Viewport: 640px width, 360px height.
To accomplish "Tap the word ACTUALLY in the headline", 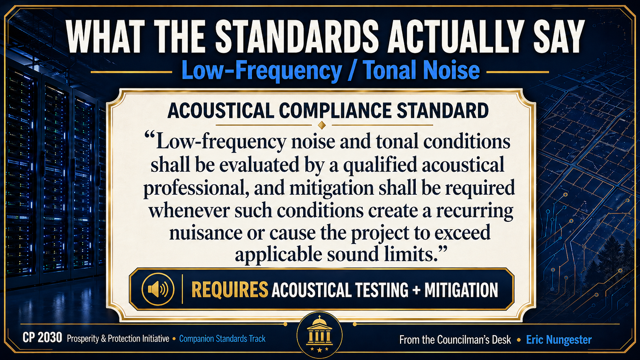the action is click(x=456, y=37).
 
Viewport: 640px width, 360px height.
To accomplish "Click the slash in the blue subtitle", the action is click(x=352, y=71).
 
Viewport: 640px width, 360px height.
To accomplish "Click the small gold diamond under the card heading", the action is click(x=322, y=125).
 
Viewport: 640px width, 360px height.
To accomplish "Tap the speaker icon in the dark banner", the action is click(x=158, y=289).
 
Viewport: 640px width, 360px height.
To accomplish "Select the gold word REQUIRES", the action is click(x=230, y=290).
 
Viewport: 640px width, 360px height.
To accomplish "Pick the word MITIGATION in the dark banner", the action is click(x=461, y=290).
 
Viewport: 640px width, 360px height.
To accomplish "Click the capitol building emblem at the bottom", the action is click(x=320, y=334).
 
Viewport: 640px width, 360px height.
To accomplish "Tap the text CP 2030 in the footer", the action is click(x=42, y=338).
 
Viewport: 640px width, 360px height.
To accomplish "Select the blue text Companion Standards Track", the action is click(x=222, y=339).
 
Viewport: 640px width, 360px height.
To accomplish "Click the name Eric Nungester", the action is click(x=559, y=340).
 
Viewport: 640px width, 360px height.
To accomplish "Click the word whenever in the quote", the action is click(x=189, y=211).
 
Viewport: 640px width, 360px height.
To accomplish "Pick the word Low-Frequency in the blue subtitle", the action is click(x=262, y=71).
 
